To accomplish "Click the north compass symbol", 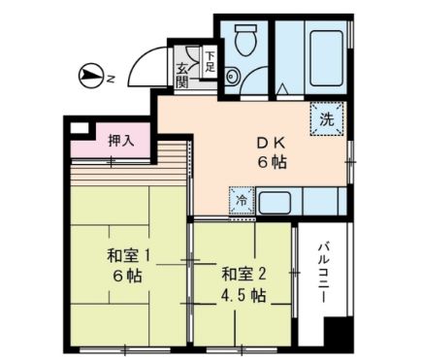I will [x=88, y=73].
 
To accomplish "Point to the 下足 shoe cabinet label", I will [x=210, y=61].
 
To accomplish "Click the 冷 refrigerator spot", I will [x=240, y=201].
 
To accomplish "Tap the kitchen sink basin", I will [x=274, y=203].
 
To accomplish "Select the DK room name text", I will [x=264, y=143].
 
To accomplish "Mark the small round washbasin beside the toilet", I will [x=231, y=77].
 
